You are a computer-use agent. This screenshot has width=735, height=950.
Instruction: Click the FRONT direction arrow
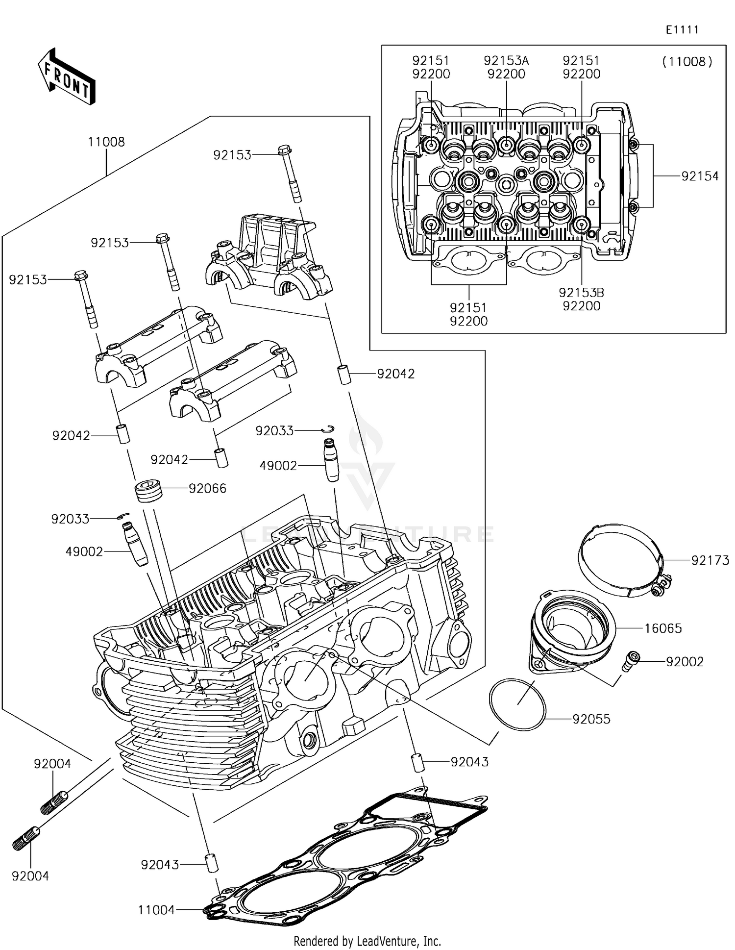[67, 76]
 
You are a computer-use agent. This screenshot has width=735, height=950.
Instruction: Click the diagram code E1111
[682, 30]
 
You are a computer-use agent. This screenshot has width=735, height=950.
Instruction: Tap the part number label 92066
[208, 488]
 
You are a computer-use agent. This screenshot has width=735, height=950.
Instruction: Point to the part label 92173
[710, 560]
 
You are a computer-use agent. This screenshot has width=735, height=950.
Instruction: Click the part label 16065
[663, 628]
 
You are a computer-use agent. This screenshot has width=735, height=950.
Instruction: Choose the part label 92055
[591, 719]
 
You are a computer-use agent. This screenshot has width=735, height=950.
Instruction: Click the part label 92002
[685, 661]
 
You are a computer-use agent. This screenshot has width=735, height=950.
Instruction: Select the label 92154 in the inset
[700, 176]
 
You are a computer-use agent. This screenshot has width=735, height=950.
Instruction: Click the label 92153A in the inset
[506, 60]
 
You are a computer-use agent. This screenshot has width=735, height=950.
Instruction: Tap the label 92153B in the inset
[581, 293]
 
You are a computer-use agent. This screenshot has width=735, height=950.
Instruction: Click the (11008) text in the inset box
[687, 62]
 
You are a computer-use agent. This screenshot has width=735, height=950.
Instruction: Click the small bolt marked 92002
[631, 661]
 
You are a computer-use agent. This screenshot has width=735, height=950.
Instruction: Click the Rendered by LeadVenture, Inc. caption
[367, 941]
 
